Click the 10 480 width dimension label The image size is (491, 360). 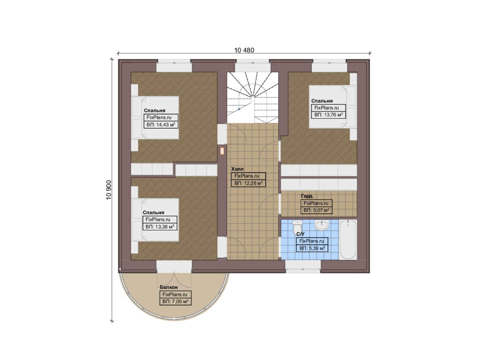(x=244, y=50)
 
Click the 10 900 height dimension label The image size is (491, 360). (x=109, y=190)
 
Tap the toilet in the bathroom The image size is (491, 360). (x=297, y=227)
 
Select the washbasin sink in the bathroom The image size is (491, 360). (x=321, y=225)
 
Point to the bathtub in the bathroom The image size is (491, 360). (x=348, y=240)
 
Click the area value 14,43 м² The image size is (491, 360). (x=161, y=125)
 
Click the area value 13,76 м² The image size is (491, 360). (x=328, y=115)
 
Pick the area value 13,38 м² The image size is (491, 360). (x=160, y=227)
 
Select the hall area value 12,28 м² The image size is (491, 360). (x=248, y=183)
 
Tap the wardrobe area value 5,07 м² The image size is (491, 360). (x=316, y=210)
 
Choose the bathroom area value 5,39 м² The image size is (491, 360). (x=312, y=248)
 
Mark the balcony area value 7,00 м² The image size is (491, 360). (x=175, y=301)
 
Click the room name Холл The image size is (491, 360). (x=238, y=169)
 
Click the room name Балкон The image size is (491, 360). (x=169, y=287)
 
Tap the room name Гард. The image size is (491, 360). (x=307, y=196)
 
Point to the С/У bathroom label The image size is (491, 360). (x=300, y=234)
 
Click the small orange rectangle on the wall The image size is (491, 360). (x=222, y=151)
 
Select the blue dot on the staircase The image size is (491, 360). (x=239, y=109)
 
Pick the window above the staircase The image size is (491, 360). (x=253, y=65)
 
